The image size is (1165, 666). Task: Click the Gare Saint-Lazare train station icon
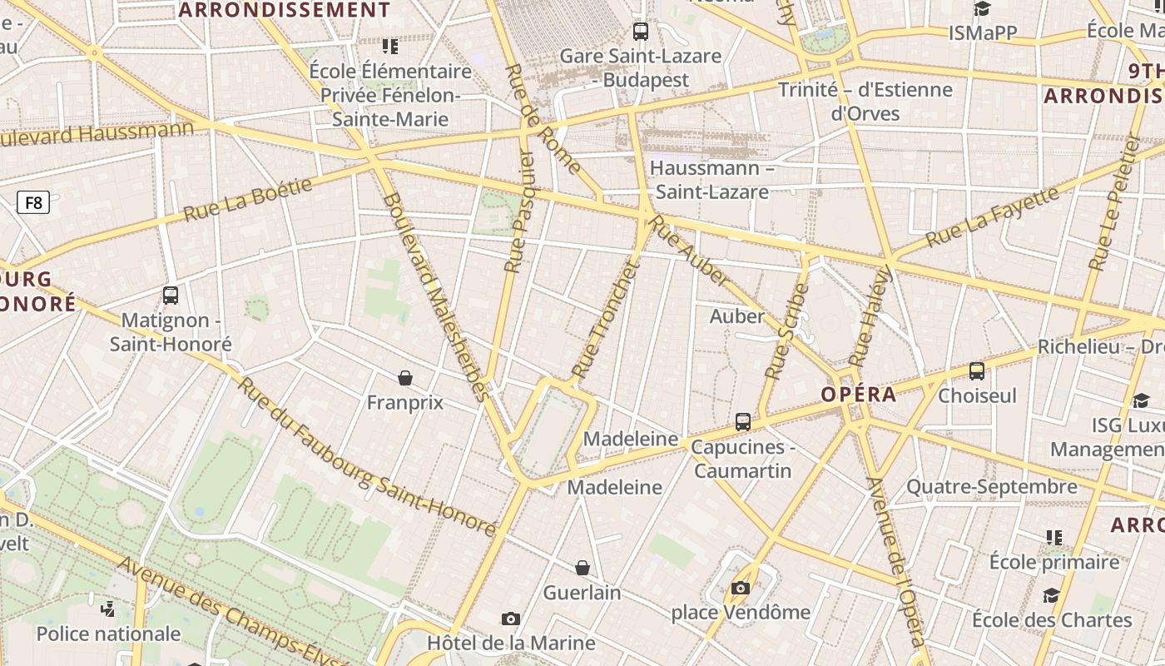(640, 32)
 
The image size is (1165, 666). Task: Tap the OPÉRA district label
(858, 395)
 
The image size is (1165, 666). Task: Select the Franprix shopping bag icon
(405, 378)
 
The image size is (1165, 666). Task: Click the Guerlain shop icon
(582, 568)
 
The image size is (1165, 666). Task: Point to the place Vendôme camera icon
(740, 588)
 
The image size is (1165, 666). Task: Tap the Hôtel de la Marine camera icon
(511, 619)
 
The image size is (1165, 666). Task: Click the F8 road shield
(33, 202)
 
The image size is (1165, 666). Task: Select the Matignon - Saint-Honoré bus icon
(171, 295)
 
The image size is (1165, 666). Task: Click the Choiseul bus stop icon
(977, 371)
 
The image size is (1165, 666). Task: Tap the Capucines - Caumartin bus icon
(743, 422)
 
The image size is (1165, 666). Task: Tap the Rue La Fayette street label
(992, 216)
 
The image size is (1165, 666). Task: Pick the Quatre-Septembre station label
(992, 486)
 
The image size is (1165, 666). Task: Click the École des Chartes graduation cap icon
(1052, 595)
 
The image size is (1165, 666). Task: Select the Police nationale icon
(107, 609)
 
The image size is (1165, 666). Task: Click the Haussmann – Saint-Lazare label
(711, 180)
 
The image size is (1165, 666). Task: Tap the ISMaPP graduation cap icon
(983, 8)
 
